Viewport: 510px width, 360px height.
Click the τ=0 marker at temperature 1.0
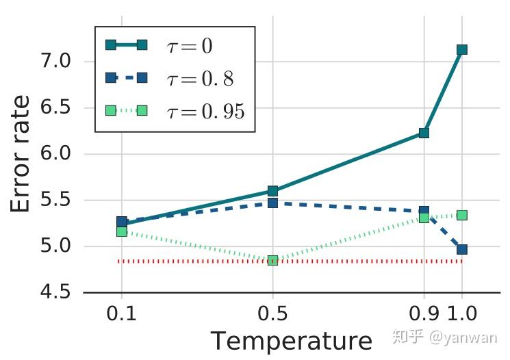tap(461, 49)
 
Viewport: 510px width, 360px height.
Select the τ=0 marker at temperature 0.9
tap(424, 133)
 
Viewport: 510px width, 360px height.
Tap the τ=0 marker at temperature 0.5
tap(272, 191)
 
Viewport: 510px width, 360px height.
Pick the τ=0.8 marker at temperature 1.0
tap(461, 250)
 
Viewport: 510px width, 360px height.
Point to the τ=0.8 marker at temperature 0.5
tap(272, 203)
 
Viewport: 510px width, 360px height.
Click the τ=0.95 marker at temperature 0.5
tap(272, 260)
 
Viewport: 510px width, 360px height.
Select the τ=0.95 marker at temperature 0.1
tap(122, 231)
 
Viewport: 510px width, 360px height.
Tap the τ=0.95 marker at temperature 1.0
tap(461, 215)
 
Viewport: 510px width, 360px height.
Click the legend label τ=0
tap(190, 46)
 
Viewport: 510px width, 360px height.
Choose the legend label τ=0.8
tap(200, 79)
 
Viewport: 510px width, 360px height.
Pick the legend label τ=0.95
tap(205, 111)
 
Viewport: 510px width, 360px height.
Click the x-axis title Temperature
tap(291, 341)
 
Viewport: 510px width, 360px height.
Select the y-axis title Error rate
tap(21, 154)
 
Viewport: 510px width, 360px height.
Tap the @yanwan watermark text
tap(472, 337)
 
